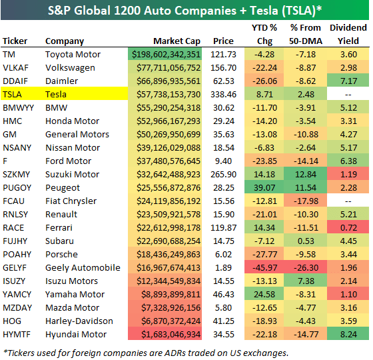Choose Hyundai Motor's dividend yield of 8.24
[x=348, y=334]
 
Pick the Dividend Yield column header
[x=348, y=34]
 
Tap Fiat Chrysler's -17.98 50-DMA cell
[x=307, y=201]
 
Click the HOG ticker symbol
[x=13, y=321]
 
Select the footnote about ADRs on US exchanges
[x=146, y=352]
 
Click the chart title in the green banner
[x=186, y=10]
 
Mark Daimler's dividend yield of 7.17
[x=348, y=81]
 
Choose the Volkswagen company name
[x=70, y=67]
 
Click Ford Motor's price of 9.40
[x=226, y=161]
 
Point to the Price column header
[x=223, y=41]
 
